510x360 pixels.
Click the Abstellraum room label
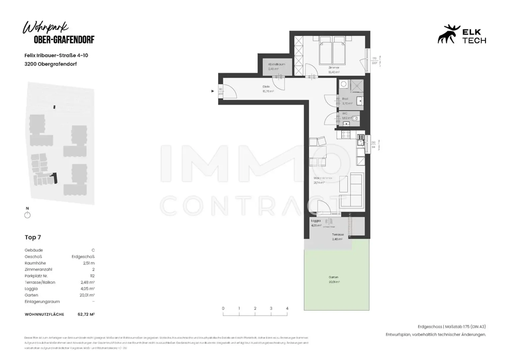[x=277, y=64]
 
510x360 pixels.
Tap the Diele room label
[x=266, y=87]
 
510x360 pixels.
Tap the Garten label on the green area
[x=333, y=277]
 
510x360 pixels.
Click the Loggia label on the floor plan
[x=316, y=221]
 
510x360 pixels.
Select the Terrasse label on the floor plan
[x=338, y=235]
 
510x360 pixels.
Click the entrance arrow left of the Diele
[x=213, y=91]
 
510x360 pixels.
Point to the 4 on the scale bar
[x=287, y=308]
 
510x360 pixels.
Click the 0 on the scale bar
[x=223, y=308]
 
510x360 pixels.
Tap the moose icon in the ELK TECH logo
[x=448, y=34]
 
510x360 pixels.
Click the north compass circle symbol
[x=28, y=215]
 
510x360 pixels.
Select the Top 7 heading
[x=33, y=237]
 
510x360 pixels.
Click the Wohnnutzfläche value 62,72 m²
[x=86, y=314]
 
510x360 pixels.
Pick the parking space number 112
[x=92, y=276]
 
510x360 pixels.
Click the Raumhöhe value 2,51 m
[x=89, y=263]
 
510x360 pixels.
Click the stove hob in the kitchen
[x=346, y=134]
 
